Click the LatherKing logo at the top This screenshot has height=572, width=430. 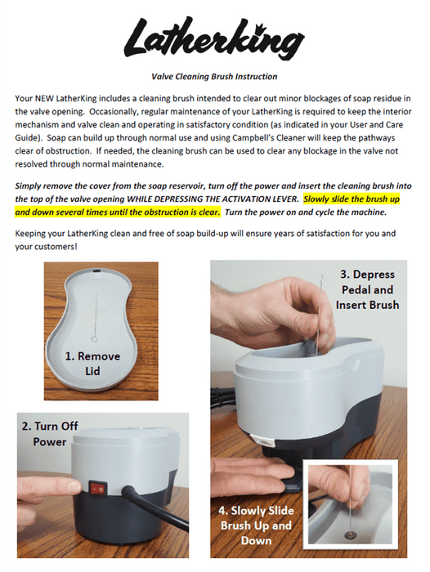pos(214,39)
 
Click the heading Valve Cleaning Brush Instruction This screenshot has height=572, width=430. pos(214,77)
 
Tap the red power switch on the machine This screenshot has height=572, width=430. pos(98,488)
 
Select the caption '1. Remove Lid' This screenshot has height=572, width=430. pos(92,364)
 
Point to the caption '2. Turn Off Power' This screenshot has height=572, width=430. pos(50,434)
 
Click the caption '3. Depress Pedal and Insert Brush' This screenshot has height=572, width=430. pos(367,289)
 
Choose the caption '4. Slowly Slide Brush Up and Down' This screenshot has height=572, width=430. pos(256,525)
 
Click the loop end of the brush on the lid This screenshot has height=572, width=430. pos(95,339)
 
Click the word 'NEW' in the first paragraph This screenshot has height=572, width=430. pos(44,99)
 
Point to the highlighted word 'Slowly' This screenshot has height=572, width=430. pos(316,199)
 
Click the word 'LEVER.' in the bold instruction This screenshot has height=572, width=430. pos(286,199)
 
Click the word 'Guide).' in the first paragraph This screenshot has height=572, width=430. pos(29,138)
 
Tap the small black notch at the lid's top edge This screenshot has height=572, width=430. pos(97,272)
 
